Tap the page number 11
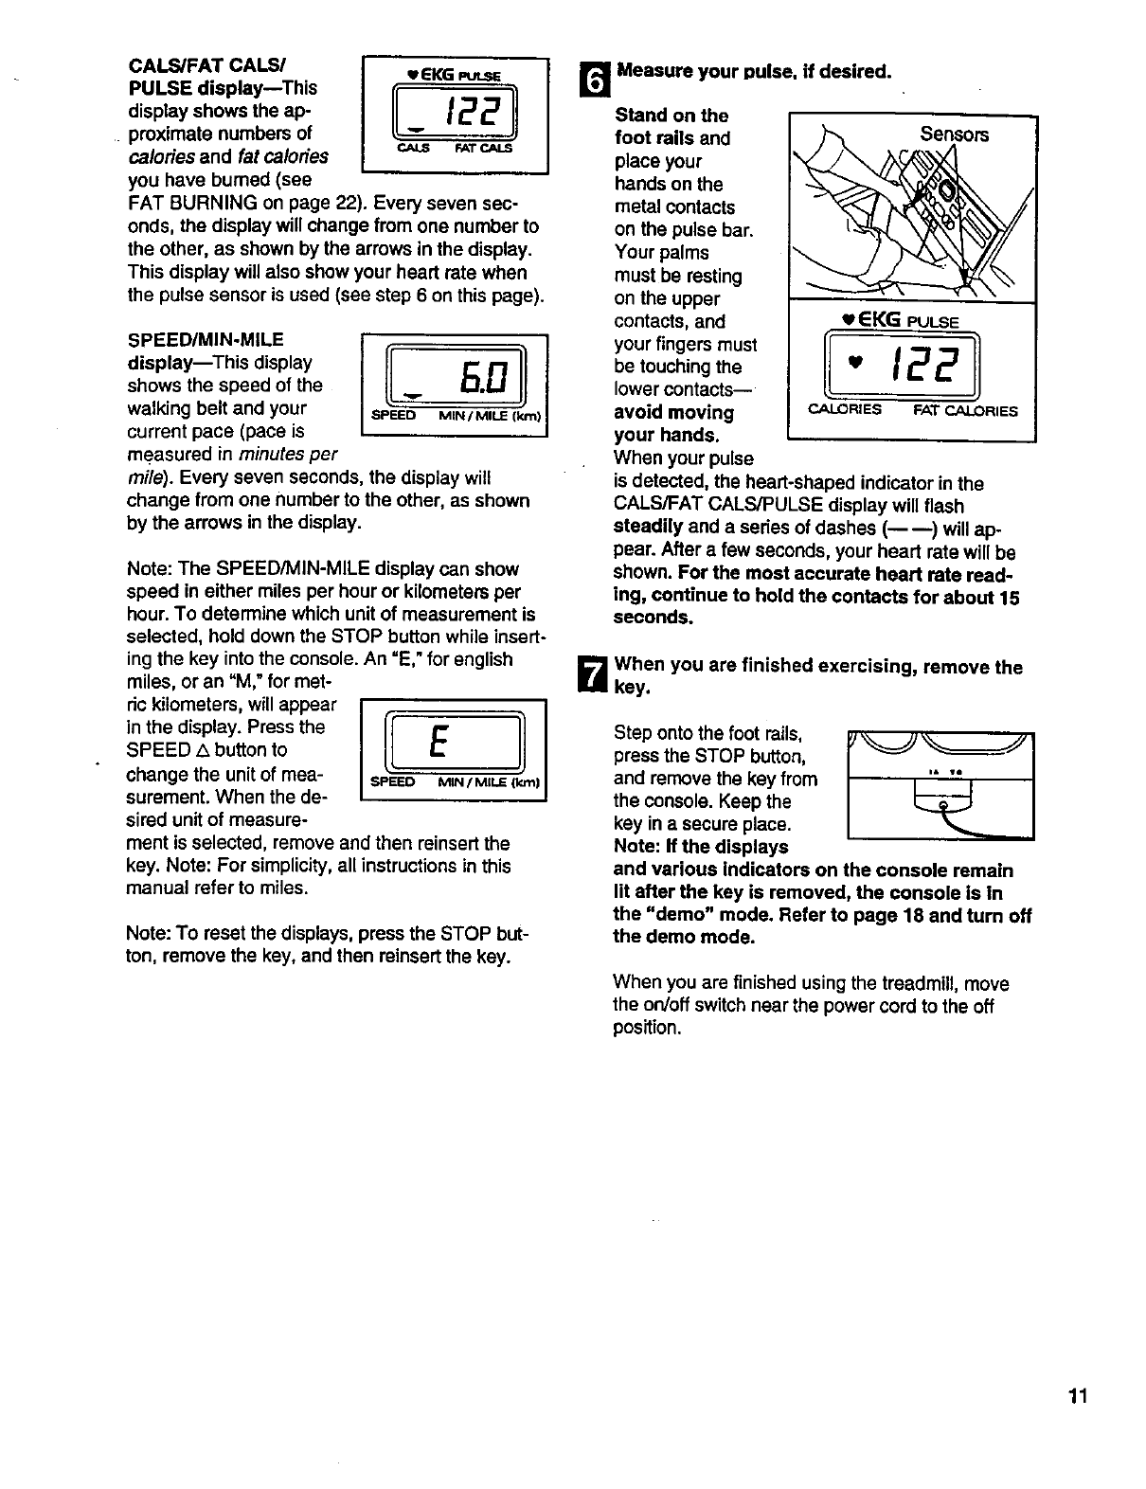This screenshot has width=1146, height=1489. (1076, 1397)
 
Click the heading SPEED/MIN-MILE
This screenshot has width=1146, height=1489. (206, 339)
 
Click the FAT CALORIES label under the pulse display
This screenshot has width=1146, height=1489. (965, 411)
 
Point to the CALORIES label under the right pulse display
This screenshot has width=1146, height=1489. (845, 410)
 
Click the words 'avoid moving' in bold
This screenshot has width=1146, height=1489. (673, 413)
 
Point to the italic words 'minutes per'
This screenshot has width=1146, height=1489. (291, 454)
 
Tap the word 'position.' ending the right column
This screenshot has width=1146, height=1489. (647, 1028)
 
